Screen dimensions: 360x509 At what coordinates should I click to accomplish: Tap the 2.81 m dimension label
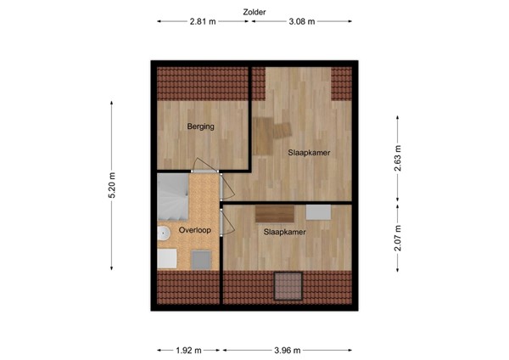click(x=204, y=23)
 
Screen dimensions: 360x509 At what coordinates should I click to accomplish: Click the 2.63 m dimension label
click(x=397, y=158)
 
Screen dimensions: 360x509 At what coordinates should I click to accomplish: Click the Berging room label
click(x=201, y=127)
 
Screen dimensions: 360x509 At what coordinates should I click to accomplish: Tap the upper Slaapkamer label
click(x=309, y=153)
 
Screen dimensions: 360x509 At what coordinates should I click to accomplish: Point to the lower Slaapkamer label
click(x=284, y=231)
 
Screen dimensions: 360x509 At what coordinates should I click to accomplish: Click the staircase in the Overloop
click(x=171, y=197)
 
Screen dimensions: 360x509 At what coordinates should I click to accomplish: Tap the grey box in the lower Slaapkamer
click(x=321, y=212)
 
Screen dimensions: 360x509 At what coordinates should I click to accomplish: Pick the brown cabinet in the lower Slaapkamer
click(x=274, y=213)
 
